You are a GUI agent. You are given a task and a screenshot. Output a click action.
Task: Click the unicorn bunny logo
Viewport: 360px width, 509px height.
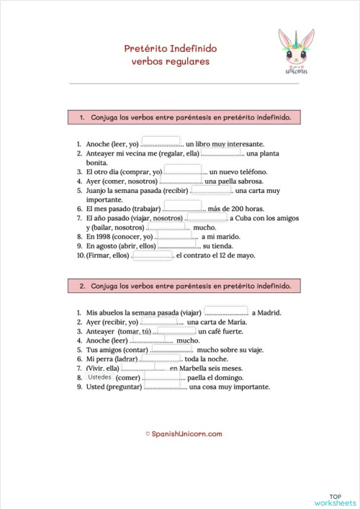pos(295,52)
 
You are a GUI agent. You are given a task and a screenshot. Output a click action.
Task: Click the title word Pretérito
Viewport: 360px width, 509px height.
pos(146,48)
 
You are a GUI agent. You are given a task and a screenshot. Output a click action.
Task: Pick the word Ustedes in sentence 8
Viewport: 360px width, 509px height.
pos(100,377)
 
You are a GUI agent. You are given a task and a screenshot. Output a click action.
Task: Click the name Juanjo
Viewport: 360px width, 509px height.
pos(96,192)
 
